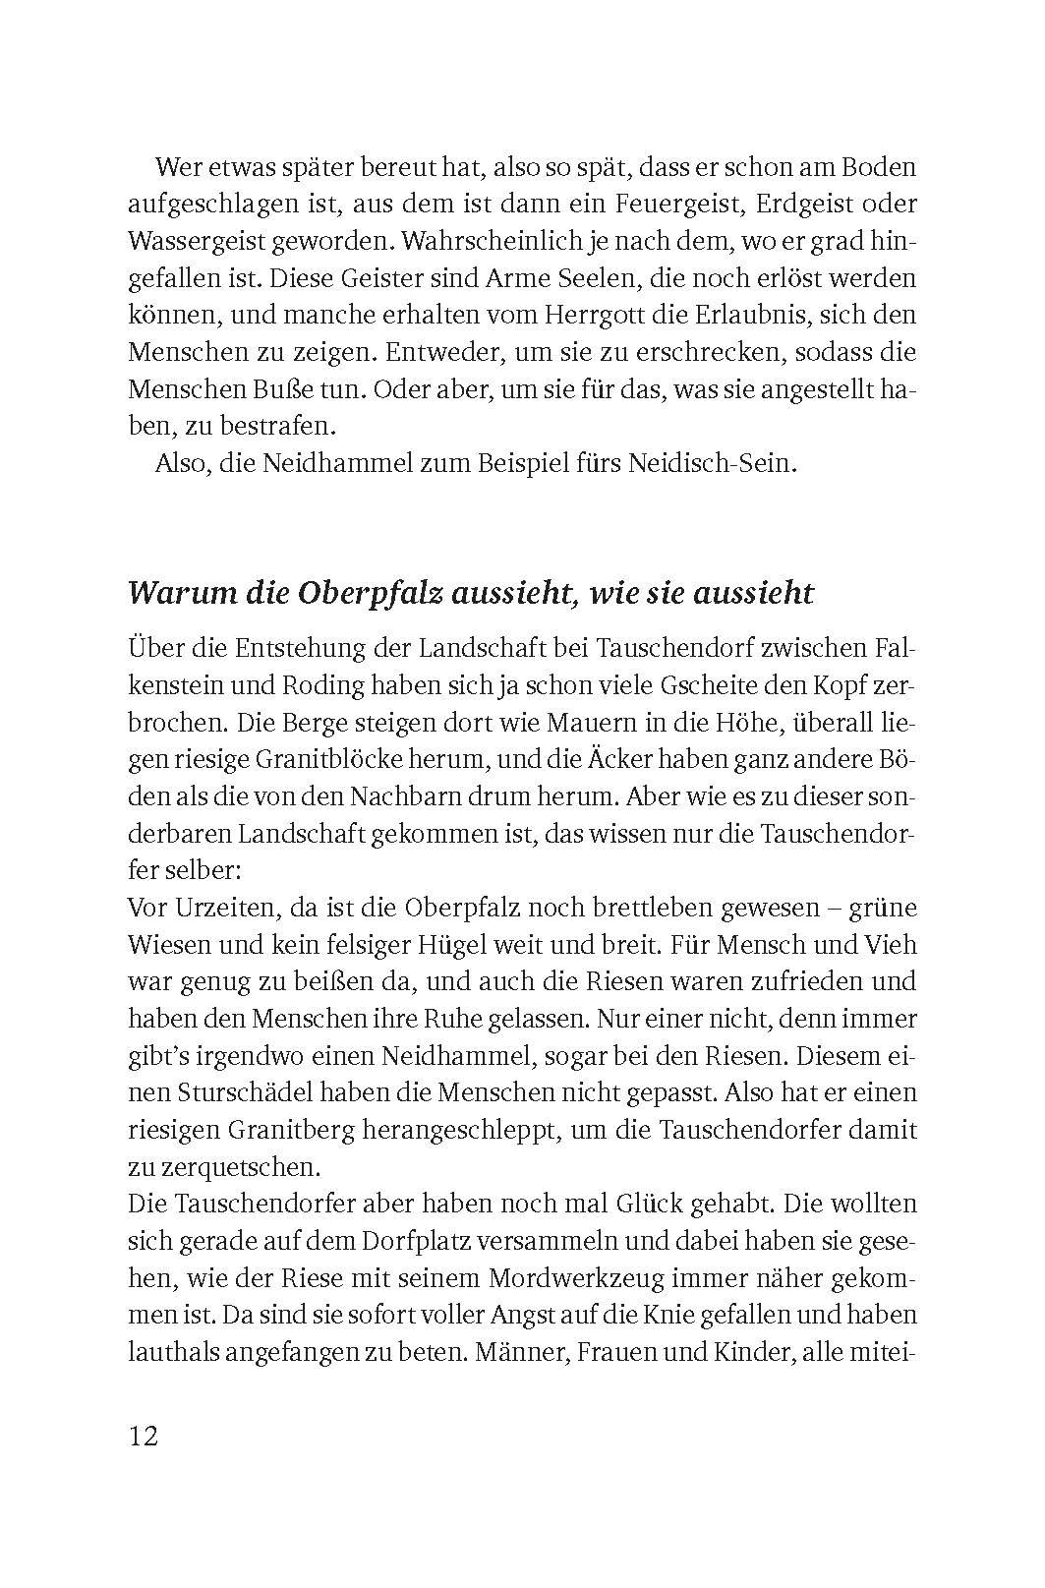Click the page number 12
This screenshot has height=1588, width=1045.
[143, 1436]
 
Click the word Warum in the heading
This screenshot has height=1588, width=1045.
[172, 594]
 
